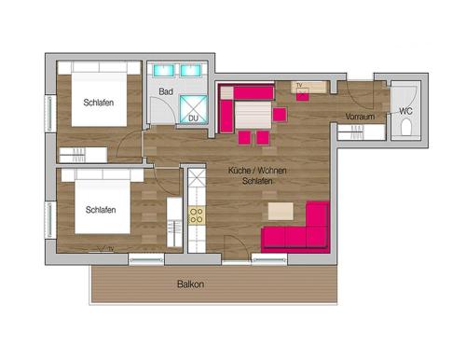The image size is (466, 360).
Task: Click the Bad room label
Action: point(166,91)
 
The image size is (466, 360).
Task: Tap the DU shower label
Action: point(194,118)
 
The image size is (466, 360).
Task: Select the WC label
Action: point(405,111)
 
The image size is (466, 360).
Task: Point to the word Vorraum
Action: point(360,117)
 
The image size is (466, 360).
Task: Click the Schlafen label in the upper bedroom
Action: point(99,103)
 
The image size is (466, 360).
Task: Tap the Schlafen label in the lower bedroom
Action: point(101,210)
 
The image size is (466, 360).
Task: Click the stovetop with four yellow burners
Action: point(197,215)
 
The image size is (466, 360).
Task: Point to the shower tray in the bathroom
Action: point(193,108)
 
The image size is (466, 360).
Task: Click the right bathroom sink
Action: point(192,70)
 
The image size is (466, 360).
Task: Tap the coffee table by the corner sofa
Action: point(281,211)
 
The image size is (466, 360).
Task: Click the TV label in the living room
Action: point(299,86)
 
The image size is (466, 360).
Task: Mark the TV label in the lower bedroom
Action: point(110,249)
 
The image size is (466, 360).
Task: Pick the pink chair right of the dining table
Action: point(280,115)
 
